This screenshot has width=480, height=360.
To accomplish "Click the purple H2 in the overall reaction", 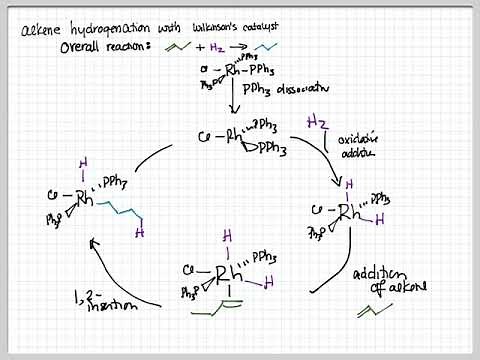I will coord(217,49).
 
